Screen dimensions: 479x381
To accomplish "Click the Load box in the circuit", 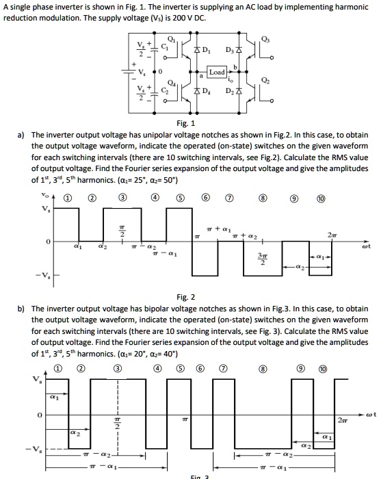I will click(217, 71).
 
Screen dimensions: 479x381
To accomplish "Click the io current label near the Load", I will click(233, 79).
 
